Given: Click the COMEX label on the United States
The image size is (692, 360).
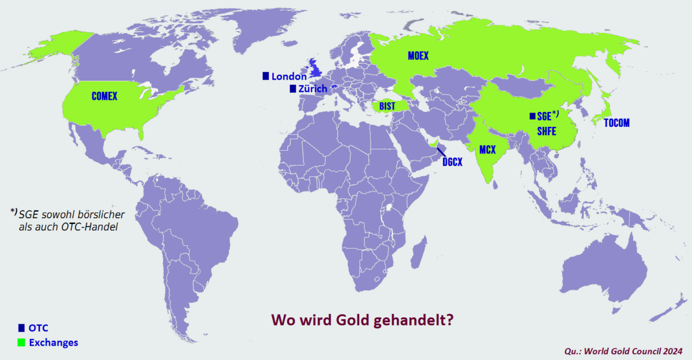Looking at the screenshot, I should [x=104, y=96].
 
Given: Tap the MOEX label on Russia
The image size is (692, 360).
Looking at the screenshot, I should [x=418, y=56].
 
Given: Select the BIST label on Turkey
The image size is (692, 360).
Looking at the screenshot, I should [x=387, y=106].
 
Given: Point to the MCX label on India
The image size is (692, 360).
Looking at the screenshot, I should [x=487, y=149].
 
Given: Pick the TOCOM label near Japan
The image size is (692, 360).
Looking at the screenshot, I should [x=616, y=123].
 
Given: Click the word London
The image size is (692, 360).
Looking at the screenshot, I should [x=289, y=76].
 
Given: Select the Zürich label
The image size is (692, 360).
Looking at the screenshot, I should [x=313, y=89].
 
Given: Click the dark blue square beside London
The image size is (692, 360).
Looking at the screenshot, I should [x=266, y=76].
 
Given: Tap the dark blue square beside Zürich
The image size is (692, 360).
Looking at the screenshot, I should [x=293, y=88].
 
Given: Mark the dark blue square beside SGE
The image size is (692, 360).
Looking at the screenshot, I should [x=532, y=116].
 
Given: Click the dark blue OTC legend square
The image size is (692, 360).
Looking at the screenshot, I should [x=21, y=327].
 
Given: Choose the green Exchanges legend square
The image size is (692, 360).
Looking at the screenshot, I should [x=21, y=343].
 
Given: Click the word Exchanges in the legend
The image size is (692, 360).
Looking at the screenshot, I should [x=53, y=343].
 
